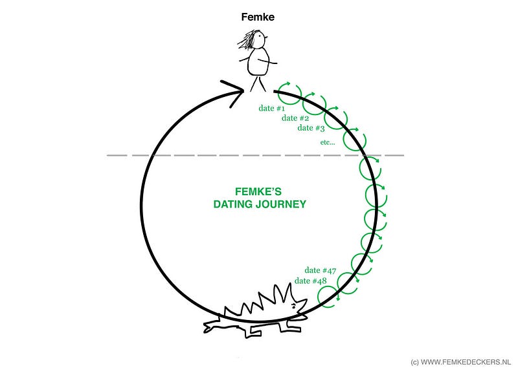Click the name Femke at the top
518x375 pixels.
click(258, 17)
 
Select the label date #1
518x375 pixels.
click(271, 108)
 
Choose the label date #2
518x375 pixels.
click(295, 118)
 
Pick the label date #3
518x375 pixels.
click(311, 128)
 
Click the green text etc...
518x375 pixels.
click(328, 142)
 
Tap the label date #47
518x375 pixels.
click(321, 270)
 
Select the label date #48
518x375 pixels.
click(311, 281)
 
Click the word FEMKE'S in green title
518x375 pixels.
click(258, 191)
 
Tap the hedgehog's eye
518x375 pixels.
click(294, 305)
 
